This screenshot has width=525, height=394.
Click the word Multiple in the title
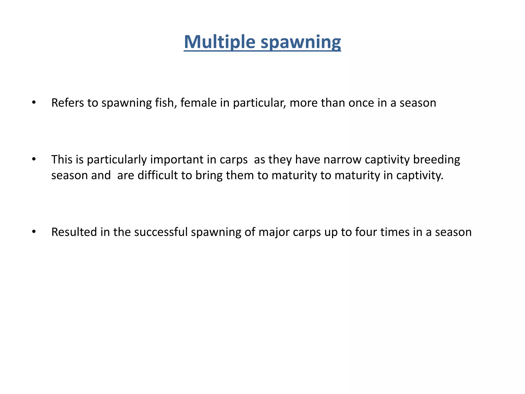point(219,42)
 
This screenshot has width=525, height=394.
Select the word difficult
point(157,175)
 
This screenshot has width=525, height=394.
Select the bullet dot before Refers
point(34,103)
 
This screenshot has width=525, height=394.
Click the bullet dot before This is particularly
point(34,160)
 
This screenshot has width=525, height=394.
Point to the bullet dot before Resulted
point(34,232)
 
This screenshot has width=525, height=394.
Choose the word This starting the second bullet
point(62,160)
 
